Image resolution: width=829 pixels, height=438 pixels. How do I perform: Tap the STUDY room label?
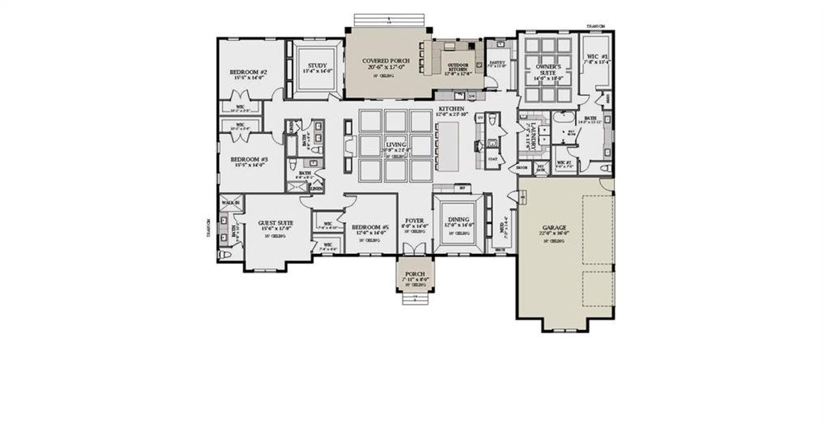pyautogui.click(x=317, y=65)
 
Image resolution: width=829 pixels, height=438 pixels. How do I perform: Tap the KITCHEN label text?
pyautogui.click(x=451, y=108)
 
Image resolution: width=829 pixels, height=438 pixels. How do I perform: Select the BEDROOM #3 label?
pyautogui.click(x=249, y=159)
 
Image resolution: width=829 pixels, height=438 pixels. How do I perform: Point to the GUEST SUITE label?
pyautogui.click(x=276, y=223)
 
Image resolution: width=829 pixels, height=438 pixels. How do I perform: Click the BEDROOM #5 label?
pyautogui.click(x=370, y=227)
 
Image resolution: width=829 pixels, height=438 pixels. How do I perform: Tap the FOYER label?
pyautogui.click(x=414, y=221)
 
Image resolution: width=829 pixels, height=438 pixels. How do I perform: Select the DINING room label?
pyautogui.click(x=458, y=220)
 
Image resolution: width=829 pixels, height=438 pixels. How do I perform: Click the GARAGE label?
pyautogui.click(x=554, y=227)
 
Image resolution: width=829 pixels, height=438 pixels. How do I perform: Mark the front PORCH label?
pyautogui.click(x=414, y=274)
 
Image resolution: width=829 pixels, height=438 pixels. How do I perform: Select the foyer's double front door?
pyautogui.click(x=414, y=249)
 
